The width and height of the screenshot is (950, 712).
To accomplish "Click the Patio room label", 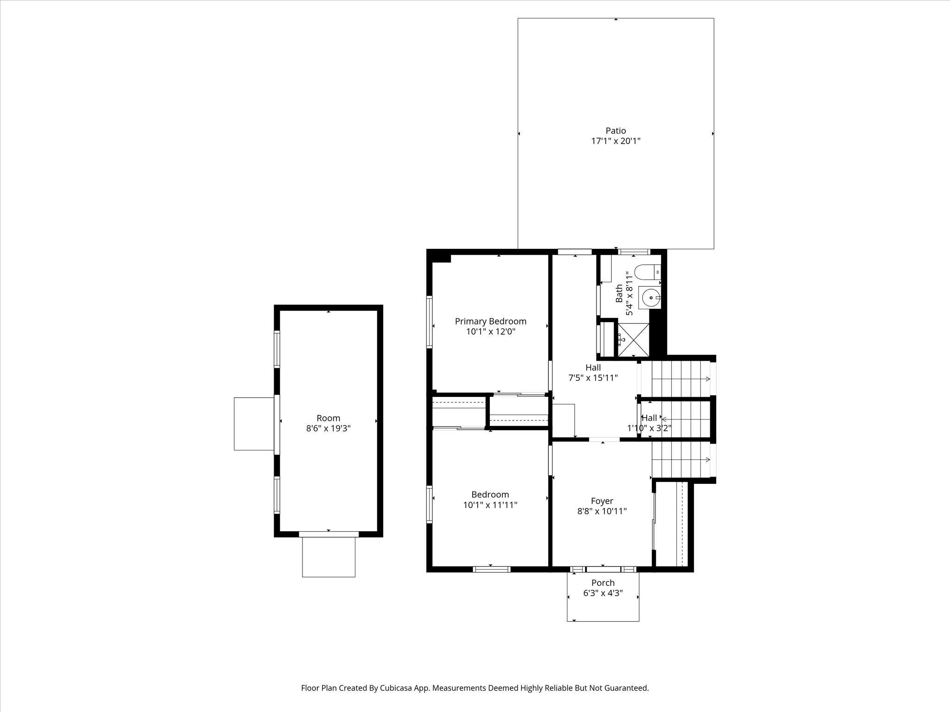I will [x=616, y=131].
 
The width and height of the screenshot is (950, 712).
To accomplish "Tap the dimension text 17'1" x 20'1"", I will [x=616, y=141].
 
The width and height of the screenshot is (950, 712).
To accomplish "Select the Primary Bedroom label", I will [x=490, y=321].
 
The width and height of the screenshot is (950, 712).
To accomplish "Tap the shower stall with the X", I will [x=633, y=340].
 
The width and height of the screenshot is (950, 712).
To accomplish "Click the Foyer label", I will [x=602, y=501].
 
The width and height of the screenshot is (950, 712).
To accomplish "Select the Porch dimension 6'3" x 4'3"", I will [x=603, y=593].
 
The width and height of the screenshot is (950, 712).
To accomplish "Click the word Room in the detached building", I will [x=328, y=418].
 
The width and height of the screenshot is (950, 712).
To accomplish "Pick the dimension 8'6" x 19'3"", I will [x=328, y=429].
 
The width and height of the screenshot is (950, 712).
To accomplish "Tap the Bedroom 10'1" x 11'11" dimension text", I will [x=490, y=505].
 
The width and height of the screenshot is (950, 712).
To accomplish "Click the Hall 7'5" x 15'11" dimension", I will [x=593, y=378].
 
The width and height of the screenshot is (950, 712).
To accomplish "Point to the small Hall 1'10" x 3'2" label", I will [x=649, y=418].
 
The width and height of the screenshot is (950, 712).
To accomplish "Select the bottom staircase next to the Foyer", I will [x=681, y=460].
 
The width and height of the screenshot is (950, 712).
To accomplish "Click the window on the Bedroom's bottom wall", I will [x=491, y=569].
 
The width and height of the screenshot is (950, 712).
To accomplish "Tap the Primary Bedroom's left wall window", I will [x=430, y=322].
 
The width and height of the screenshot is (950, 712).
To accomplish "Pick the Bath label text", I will [x=619, y=293].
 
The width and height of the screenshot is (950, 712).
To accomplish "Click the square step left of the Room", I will [x=254, y=424].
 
